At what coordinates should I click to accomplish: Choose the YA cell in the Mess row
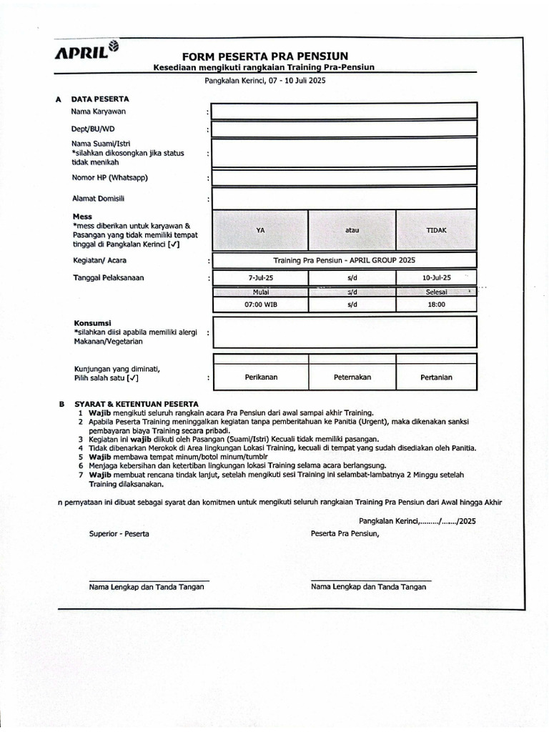[x=260, y=230]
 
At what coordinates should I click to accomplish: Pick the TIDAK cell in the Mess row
[x=436, y=230]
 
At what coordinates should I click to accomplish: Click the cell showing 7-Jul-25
[x=260, y=277]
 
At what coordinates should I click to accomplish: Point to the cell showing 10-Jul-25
[x=436, y=277]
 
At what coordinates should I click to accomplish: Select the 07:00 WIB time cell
[x=260, y=304]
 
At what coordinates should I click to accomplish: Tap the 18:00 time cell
[x=436, y=304]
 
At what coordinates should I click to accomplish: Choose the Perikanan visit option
[x=260, y=377]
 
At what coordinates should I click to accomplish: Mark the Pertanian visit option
[x=436, y=377]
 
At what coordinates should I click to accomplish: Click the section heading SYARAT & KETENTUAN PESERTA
[x=136, y=404]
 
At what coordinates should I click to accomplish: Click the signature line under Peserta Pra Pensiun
[x=371, y=580]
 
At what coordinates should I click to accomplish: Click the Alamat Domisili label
[x=98, y=198]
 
